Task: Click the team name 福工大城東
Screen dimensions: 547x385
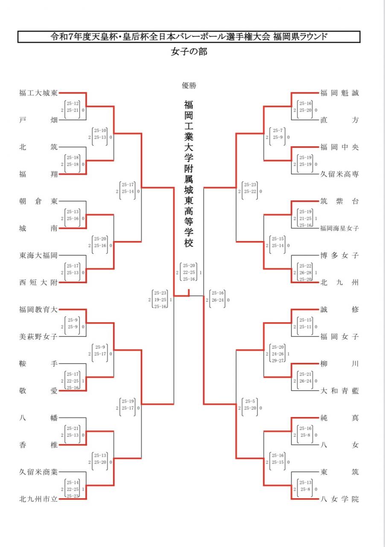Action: pyautogui.click(x=38, y=93)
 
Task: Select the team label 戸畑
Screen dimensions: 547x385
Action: pyautogui.click(x=38, y=120)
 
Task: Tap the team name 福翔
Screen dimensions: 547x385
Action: pyautogui.click(x=38, y=174)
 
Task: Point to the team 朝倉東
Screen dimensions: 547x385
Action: pyautogui.click(x=38, y=201)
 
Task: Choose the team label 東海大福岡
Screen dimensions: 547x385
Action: pyautogui.click(x=38, y=256)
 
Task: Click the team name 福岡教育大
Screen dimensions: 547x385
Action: pyautogui.click(x=38, y=309)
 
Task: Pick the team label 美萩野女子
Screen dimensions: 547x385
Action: pyautogui.click(x=38, y=337)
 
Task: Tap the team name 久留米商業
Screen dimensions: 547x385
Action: pyautogui.click(x=38, y=472)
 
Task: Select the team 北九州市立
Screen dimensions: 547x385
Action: pyautogui.click(x=38, y=499)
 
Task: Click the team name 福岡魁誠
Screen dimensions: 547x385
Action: pyautogui.click(x=340, y=93)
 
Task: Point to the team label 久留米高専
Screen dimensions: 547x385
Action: pyautogui.click(x=340, y=174)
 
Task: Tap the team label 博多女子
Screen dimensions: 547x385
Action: pyautogui.click(x=340, y=256)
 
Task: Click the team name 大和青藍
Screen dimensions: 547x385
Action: pyautogui.click(x=340, y=391)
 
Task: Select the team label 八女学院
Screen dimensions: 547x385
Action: pyautogui.click(x=340, y=499)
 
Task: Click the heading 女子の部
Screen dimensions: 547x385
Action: pyautogui.click(x=189, y=52)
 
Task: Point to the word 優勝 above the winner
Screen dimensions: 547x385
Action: pyautogui.click(x=189, y=85)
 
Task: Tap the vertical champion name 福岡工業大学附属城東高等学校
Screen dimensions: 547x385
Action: pyautogui.click(x=189, y=174)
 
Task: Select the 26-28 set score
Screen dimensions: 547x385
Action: pyautogui.click(x=305, y=272)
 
